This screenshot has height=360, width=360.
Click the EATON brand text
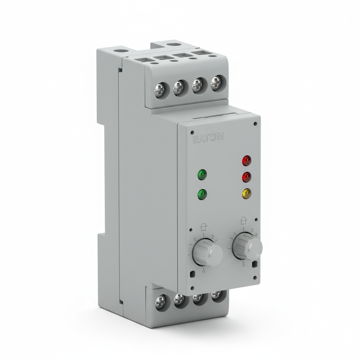click(207, 137)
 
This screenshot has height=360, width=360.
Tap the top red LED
click(247, 161)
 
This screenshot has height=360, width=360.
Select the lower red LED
click(247, 177)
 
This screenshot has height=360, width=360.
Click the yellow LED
click(247, 193)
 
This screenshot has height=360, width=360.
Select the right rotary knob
click(247, 246)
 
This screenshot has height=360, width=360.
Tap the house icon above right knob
click(243, 220)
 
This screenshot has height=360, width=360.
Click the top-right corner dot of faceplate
click(255, 124)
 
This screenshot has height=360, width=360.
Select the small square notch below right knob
click(254, 263)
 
